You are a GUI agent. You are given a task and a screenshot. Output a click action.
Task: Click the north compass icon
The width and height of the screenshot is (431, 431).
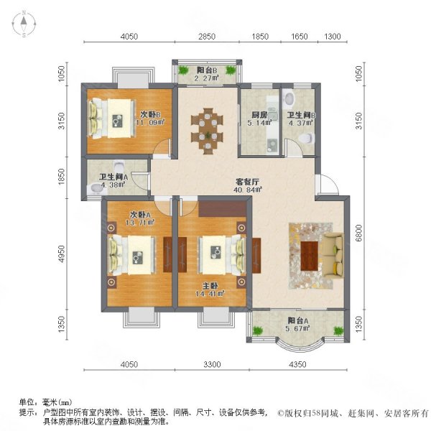click(24, 25)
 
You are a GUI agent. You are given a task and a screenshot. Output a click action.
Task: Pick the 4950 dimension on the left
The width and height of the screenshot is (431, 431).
click(62, 254)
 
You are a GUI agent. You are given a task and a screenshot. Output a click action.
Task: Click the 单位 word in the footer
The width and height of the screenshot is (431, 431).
click(28, 404)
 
